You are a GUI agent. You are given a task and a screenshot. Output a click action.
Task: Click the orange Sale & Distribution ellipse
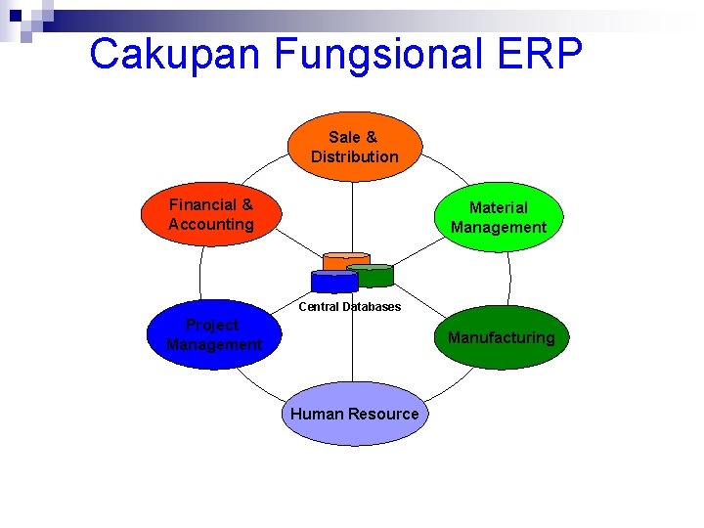pyautogui.click(x=354, y=147)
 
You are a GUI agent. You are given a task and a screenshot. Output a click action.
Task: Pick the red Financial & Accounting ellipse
pyautogui.click(x=210, y=215)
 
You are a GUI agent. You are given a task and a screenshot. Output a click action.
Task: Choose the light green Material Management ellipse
pyautogui.click(x=498, y=217)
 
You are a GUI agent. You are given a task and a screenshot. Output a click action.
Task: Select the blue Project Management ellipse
pyautogui.click(x=213, y=334)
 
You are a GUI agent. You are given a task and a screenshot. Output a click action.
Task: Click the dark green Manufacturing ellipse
pyautogui.click(x=501, y=337)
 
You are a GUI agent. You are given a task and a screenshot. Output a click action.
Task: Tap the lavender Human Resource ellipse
pyautogui.click(x=354, y=414)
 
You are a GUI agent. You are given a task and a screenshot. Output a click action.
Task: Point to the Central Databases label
pyautogui.click(x=349, y=306)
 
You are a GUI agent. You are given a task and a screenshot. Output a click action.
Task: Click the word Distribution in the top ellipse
pyautogui.click(x=354, y=156)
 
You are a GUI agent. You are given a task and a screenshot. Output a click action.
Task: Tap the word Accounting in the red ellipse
pyautogui.click(x=210, y=224)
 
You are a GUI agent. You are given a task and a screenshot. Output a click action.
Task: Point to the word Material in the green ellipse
pyautogui.click(x=498, y=207)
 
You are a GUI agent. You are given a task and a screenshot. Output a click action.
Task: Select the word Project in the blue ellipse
pyautogui.click(x=212, y=325)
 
